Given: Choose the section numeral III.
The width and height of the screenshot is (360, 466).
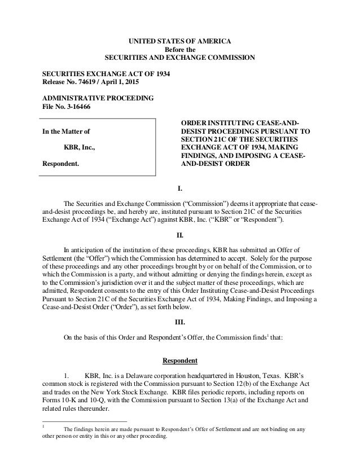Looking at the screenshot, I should click(180, 323).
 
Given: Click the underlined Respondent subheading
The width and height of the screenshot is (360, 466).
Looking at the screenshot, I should click(180, 361).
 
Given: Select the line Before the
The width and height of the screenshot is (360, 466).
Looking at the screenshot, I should click(180, 49).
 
